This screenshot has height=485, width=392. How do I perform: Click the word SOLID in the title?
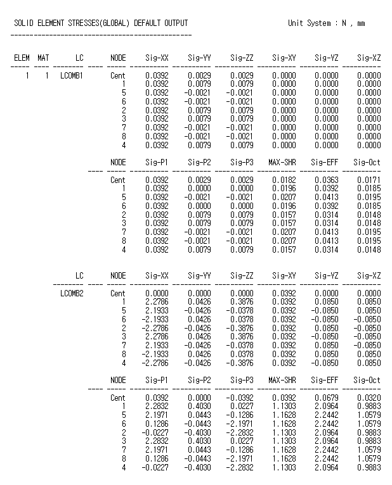24,23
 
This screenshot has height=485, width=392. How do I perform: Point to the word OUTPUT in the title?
176,23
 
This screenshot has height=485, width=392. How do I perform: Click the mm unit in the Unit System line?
360,23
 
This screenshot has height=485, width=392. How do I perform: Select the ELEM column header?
22,58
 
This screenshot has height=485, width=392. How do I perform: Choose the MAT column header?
43,58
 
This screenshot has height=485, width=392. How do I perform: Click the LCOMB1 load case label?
72,75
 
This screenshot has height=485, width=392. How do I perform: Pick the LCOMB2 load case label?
72,294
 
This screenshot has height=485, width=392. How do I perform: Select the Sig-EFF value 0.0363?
326,180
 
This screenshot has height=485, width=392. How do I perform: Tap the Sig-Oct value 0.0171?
369,180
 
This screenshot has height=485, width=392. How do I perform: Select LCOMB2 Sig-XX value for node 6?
155,320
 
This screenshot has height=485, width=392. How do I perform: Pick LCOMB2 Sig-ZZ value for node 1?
241,303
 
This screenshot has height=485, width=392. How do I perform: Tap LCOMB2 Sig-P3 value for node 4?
240,468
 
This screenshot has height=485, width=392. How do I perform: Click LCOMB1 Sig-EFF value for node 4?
326,249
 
